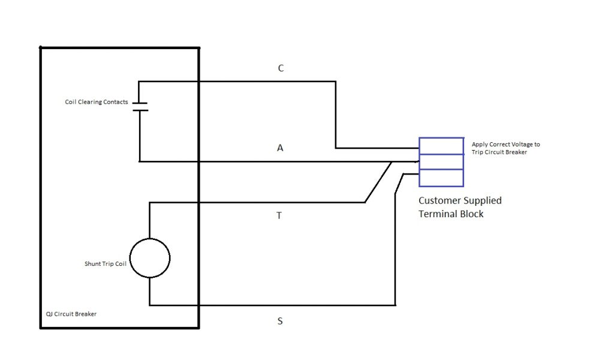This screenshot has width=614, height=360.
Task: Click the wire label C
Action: click(x=281, y=68)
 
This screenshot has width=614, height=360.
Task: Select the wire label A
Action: click(x=280, y=147)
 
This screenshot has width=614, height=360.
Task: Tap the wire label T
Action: click(x=279, y=215)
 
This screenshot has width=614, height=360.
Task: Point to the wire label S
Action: click(x=279, y=321)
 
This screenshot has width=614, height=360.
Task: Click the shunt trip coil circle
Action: click(x=149, y=257)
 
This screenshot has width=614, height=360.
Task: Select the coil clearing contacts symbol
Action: click(x=140, y=106)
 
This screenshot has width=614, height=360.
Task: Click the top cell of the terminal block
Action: click(x=441, y=146)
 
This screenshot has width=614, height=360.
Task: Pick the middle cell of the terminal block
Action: click(x=441, y=162)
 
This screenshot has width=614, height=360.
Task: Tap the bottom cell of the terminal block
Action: click(x=441, y=178)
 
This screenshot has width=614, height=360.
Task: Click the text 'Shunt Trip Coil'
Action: click(x=105, y=264)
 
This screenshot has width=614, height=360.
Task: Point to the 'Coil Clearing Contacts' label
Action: click(x=97, y=102)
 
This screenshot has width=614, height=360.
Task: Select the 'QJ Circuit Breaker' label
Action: click(x=71, y=314)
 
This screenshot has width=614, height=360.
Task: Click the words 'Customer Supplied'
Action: click(x=460, y=200)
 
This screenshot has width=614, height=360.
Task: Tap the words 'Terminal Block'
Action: click(x=451, y=214)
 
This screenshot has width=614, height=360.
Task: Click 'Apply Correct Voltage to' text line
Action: click(x=505, y=144)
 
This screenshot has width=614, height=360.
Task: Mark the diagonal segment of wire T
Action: click(x=378, y=182)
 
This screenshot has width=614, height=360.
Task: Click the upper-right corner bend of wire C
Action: click(x=335, y=82)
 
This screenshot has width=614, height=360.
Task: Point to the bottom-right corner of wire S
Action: click(x=395, y=305)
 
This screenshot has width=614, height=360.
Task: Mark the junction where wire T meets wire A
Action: click(x=392, y=161)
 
